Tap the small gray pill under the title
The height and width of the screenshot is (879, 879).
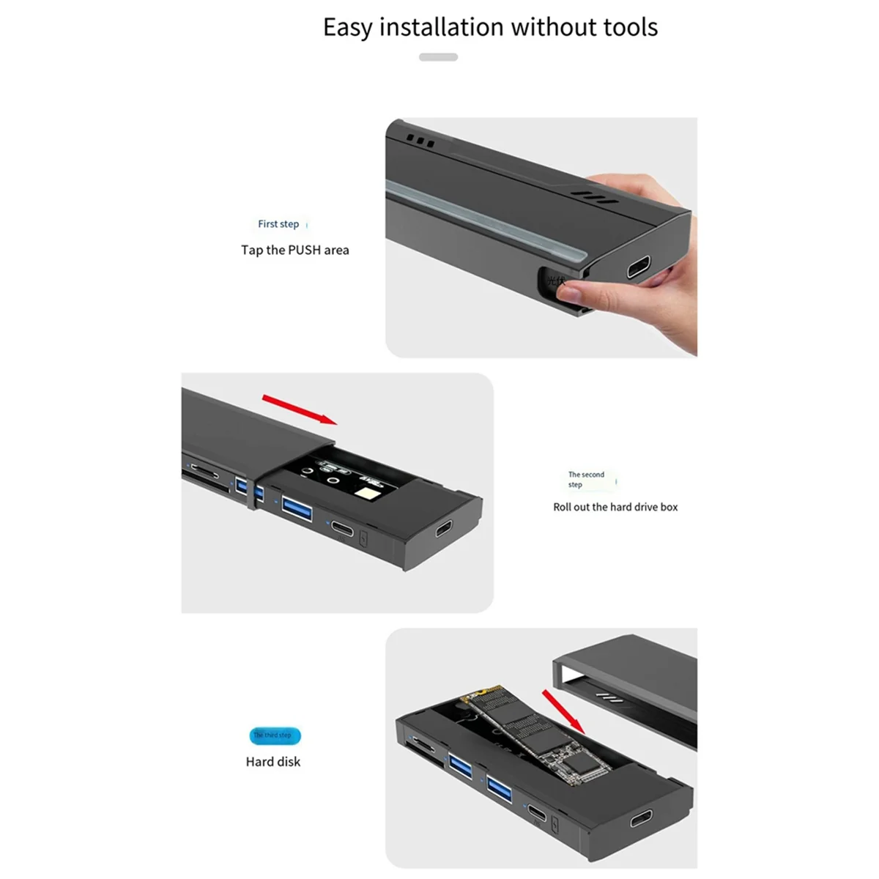tap(438, 57)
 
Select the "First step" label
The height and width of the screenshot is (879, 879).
tap(278, 224)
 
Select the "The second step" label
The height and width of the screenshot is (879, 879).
tap(586, 480)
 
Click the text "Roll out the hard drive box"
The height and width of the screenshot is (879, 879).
tap(615, 507)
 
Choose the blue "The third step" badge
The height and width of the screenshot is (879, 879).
tap(275, 735)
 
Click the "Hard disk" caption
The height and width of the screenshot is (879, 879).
tap(273, 762)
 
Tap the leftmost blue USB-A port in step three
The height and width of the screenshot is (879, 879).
tap(461, 765)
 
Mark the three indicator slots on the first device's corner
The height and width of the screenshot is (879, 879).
tap(420, 141)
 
